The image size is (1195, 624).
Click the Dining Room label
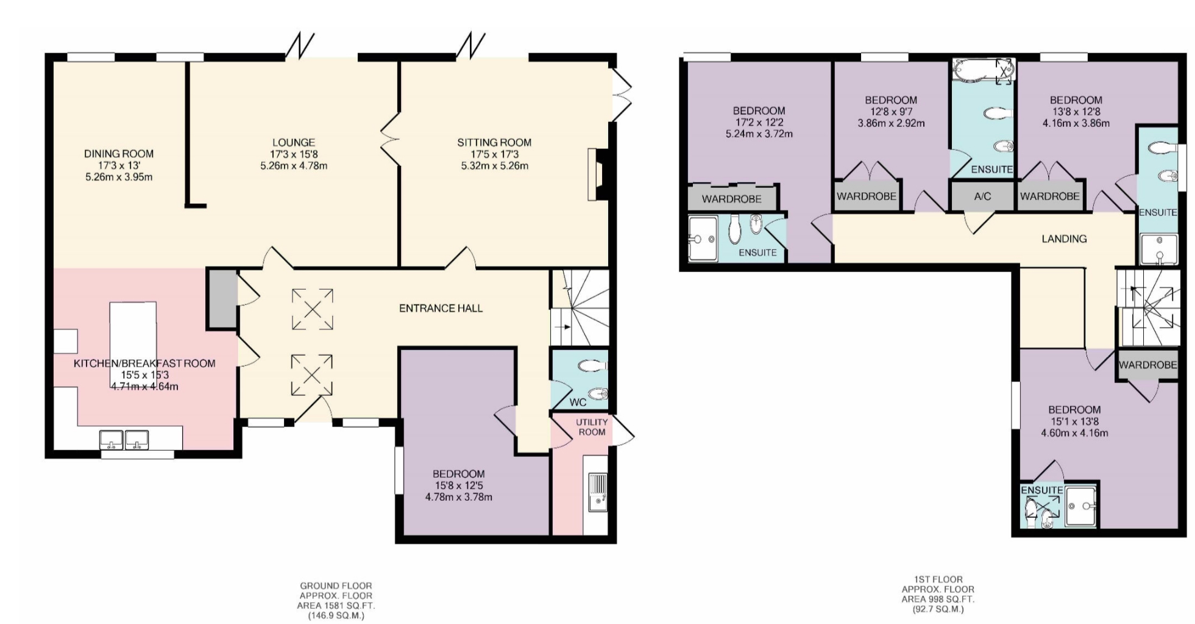click(x=119, y=154)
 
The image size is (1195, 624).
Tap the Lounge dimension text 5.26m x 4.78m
click(x=294, y=166)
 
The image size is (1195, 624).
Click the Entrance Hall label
click(x=441, y=309)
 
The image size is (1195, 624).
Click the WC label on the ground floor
click(x=578, y=403)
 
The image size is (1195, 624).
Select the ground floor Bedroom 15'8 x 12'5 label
click(x=458, y=474)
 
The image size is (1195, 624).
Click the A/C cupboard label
click(x=982, y=196)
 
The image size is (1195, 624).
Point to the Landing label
click(x=1064, y=239)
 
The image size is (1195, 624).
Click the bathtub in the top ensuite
click(x=982, y=71)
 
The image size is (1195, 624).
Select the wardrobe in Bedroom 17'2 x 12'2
click(x=732, y=199)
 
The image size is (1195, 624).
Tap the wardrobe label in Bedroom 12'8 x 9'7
click(x=866, y=196)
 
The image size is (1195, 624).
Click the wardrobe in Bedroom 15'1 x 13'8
click(x=1147, y=365)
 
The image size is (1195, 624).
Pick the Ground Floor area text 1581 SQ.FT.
click(x=336, y=606)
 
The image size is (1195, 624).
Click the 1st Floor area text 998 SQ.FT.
click(x=938, y=599)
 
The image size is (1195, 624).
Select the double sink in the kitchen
click(x=124, y=440)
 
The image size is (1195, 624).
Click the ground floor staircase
click(x=579, y=309)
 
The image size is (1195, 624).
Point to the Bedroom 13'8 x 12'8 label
click(x=1076, y=100)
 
